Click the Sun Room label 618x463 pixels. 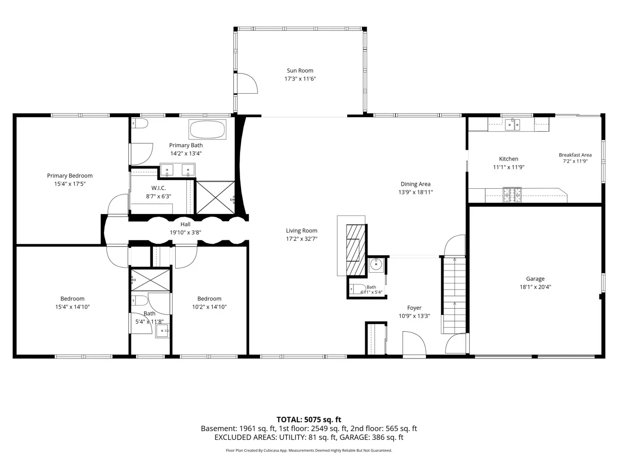(x=300, y=70)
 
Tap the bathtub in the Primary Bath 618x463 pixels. (x=208, y=129)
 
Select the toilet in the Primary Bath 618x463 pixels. (x=140, y=123)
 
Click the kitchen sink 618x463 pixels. (x=512, y=124)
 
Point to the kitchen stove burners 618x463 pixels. (x=512, y=195)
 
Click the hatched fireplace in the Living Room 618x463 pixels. (x=356, y=250)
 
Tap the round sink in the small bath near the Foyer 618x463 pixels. (x=376, y=264)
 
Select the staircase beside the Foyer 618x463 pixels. (x=454, y=295)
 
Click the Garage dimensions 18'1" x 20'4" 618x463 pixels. (x=535, y=287)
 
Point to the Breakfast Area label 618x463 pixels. (x=575, y=155)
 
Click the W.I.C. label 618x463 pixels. (x=159, y=188)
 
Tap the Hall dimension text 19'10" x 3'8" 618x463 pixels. (x=185, y=233)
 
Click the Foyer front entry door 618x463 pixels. (x=414, y=344)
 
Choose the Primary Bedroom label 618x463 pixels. (x=70, y=176)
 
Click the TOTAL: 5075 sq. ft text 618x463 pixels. (x=308, y=420)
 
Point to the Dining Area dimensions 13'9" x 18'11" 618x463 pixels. (x=415, y=192)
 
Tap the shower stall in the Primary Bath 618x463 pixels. (x=215, y=198)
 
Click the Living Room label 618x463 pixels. (x=302, y=231)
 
